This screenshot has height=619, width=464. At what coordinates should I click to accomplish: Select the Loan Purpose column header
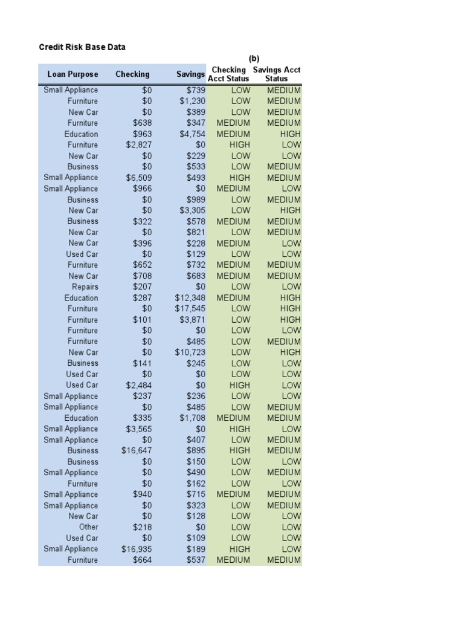click(72, 74)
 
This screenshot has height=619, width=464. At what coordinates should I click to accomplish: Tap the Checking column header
click(132, 74)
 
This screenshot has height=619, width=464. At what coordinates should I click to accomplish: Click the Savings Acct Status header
click(277, 74)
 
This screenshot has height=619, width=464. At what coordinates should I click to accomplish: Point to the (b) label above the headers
click(254, 59)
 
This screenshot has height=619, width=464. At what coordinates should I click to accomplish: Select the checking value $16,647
click(137, 451)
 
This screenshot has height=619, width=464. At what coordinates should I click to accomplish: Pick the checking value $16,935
click(137, 549)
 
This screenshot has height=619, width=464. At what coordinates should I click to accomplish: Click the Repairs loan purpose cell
click(85, 287)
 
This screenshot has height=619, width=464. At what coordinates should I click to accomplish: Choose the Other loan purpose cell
click(88, 527)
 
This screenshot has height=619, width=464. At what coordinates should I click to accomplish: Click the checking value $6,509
click(139, 178)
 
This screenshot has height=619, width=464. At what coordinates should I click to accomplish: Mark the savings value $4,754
click(193, 134)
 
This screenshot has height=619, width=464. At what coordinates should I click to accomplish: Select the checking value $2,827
click(139, 145)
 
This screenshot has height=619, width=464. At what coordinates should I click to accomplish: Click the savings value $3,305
click(193, 210)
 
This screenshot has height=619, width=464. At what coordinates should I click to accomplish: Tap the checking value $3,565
click(139, 429)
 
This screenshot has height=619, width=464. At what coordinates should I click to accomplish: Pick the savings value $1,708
click(193, 418)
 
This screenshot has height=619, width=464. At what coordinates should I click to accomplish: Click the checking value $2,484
click(139, 385)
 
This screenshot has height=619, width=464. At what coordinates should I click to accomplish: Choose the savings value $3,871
click(193, 320)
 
